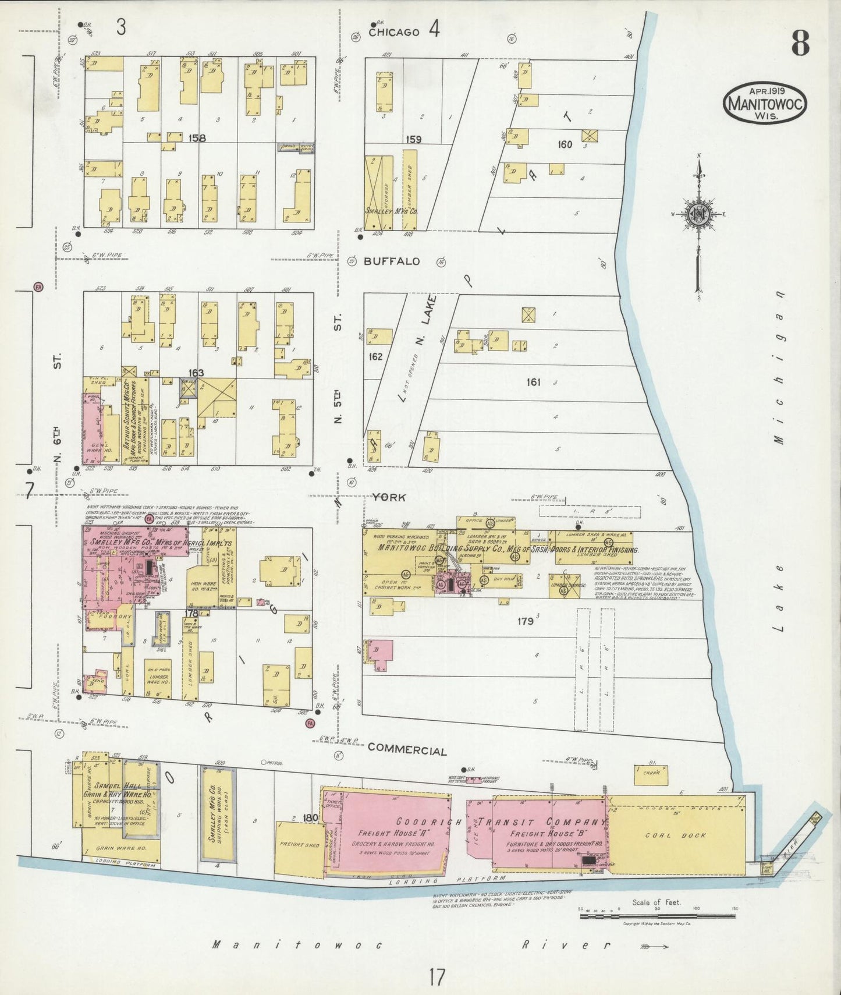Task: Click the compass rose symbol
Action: click(698, 214)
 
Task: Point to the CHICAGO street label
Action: click(394, 33)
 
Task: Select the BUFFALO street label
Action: click(392, 261)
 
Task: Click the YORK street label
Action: click(389, 497)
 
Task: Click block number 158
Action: click(197, 139)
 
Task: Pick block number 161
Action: click(533, 382)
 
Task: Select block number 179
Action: click(526, 621)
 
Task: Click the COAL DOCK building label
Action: click(675, 835)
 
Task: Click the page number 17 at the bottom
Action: click(437, 977)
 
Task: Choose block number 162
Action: click(376, 356)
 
